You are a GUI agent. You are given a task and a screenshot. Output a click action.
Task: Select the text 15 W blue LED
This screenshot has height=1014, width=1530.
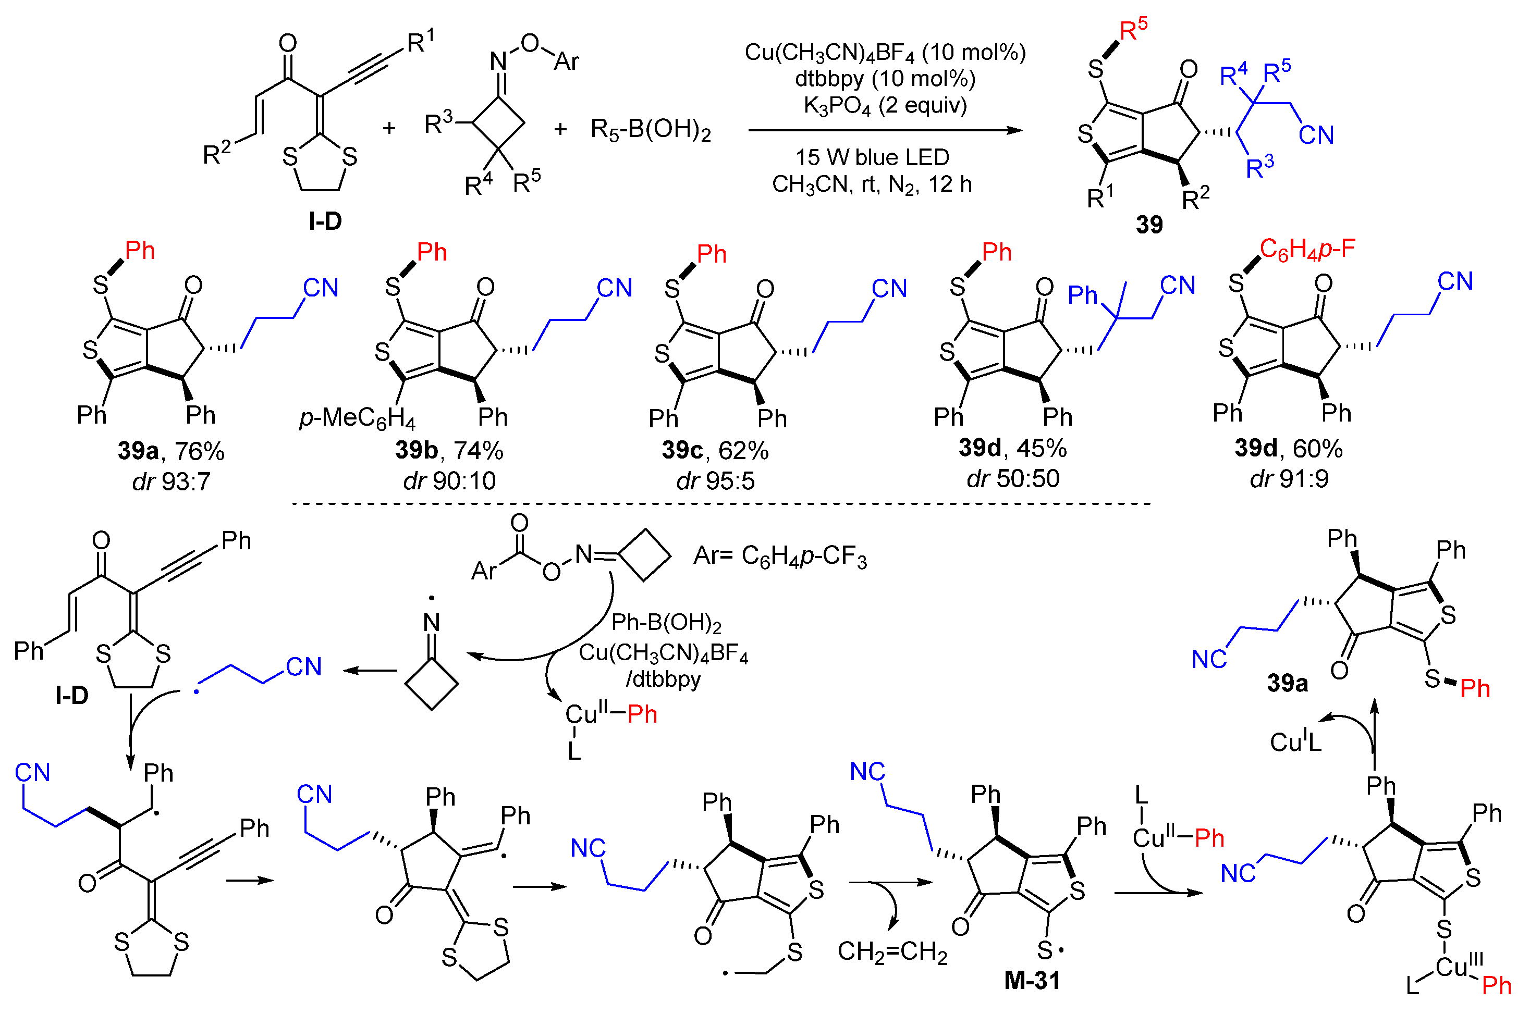point(872,157)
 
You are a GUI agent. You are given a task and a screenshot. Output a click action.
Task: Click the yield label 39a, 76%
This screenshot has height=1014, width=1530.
point(171,451)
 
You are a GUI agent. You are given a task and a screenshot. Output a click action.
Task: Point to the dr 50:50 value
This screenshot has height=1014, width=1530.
point(1012,478)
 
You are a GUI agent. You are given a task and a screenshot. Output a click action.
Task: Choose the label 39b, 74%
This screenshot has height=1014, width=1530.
point(449,451)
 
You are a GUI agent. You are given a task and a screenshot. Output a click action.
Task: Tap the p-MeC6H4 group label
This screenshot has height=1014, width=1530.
point(357,418)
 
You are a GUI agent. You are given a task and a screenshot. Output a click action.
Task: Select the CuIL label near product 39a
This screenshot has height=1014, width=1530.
point(1295,742)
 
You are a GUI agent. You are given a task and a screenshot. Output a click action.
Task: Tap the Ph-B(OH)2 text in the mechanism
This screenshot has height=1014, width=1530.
point(666,623)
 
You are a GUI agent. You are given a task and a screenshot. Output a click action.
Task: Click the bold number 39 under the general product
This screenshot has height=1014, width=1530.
point(1149,225)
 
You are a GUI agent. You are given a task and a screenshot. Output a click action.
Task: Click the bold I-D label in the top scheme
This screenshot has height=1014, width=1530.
point(325,221)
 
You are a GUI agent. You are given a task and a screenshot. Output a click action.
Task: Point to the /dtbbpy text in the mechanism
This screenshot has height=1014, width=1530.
point(663,679)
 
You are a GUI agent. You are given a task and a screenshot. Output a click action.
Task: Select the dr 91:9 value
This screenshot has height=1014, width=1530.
point(1289,478)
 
